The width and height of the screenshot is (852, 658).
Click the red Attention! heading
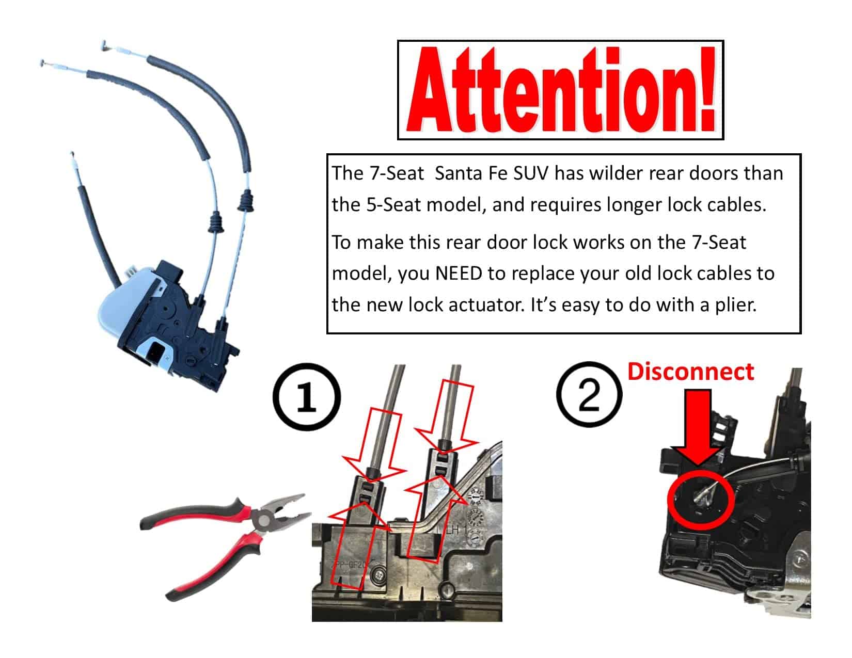pos(561,90)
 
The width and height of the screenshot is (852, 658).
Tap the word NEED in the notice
pos(459,274)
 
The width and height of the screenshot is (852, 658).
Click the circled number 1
pos(307,396)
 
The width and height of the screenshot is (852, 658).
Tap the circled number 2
pos(589,394)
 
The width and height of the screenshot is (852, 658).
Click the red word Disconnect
pos(690,372)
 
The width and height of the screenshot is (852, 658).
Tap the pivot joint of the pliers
pos(263,521)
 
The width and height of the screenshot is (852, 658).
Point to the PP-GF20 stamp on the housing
pos(350,565)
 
